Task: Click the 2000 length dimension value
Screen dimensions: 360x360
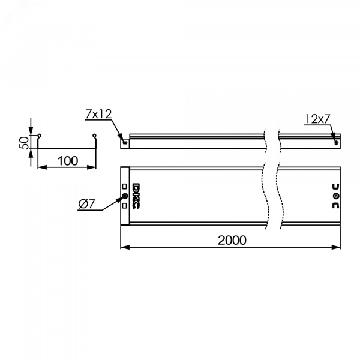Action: point(232,240)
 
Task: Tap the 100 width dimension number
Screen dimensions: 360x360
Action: point(67,161)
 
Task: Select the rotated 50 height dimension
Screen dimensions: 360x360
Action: point(24,143)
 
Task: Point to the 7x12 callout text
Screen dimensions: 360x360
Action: point(98,114)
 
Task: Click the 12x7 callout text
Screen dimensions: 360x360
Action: point(317,119)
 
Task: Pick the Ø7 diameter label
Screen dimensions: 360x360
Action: point(86,203)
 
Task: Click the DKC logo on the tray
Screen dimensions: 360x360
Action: point(136,196)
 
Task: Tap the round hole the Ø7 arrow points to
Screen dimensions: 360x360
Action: point(125,196)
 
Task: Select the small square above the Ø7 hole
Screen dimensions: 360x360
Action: point(124,186)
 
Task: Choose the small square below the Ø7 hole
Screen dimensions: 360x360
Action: point(124,206)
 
